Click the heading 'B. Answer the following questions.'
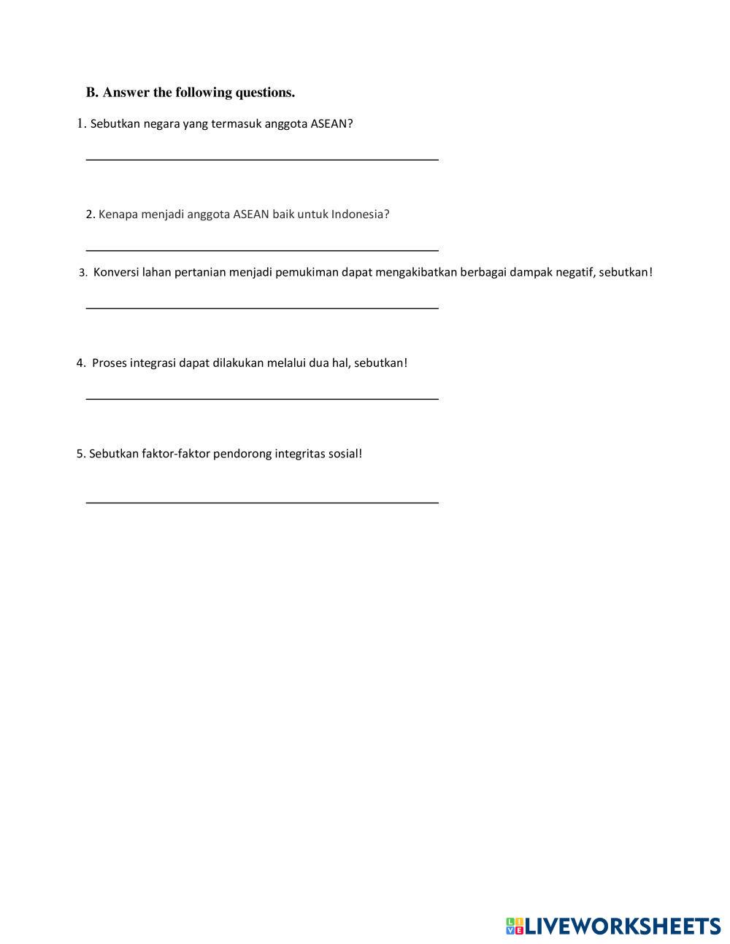[x=191, y=93]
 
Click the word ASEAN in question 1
[x=331, y=124]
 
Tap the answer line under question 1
[x=262, y=158]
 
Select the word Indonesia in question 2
[x=360, y=214]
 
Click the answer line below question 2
[x=262, y=249]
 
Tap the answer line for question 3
[x=262, y=307]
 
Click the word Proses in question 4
[x=109, y=363]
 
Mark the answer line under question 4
[x=262, y=398]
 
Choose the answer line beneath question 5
[x=262, y=502]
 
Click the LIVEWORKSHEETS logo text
[x=623, y=926]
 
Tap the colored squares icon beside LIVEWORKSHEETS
[x=515, y=926]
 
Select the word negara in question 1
[x=161, y=124]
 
